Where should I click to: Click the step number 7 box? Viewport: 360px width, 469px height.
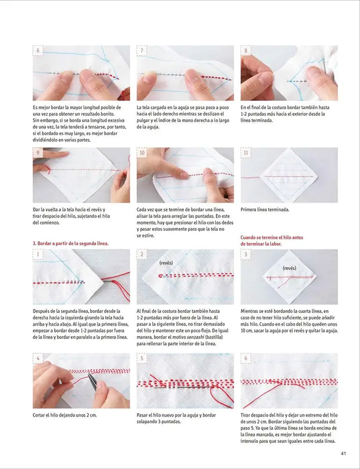[143, 51]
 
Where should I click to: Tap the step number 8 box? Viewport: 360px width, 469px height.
[247, 51]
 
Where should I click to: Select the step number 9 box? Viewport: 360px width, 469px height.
[39, 153]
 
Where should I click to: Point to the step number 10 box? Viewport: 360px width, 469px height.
[143, 153]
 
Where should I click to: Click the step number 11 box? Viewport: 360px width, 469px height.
[247, 153]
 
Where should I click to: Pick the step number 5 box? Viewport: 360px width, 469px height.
[143, 359]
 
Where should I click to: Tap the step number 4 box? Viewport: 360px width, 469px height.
[39, 359]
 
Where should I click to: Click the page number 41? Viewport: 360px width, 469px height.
[344, 453]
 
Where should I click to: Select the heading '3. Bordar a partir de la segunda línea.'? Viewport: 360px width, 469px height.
[70, 243]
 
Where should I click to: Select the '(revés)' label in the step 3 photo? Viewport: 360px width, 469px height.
[289, 268]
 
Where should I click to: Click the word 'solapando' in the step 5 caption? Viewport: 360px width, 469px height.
[149, 422]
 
